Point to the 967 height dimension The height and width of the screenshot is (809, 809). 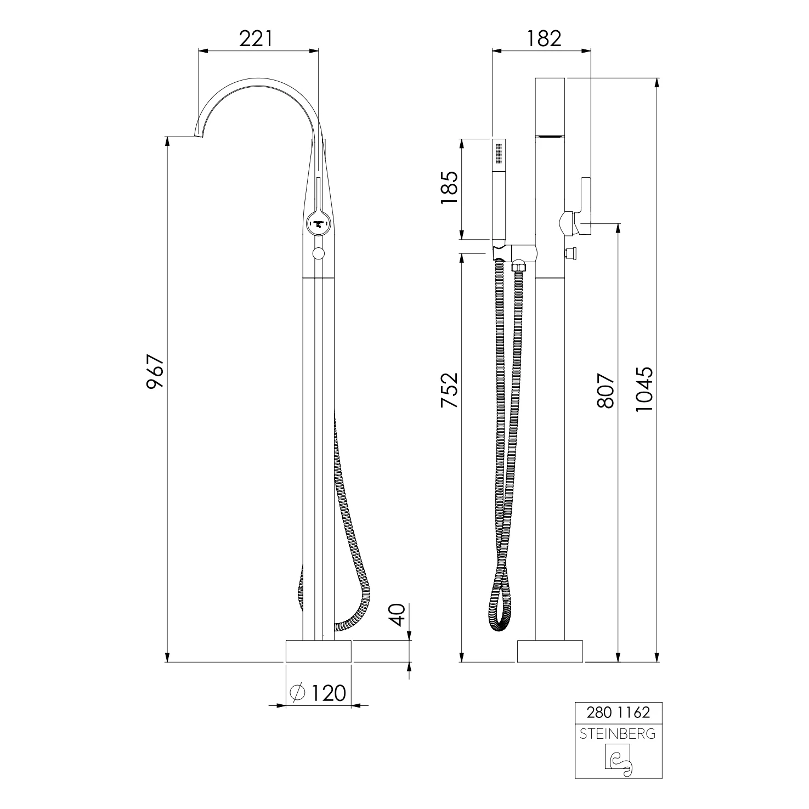click(155, 372)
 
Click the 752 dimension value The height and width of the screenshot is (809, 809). click(449, 390)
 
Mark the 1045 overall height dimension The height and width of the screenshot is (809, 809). click(644, 390)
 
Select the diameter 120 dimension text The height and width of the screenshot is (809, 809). click(319, 693)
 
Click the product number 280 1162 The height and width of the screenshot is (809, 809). click(618, 712)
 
